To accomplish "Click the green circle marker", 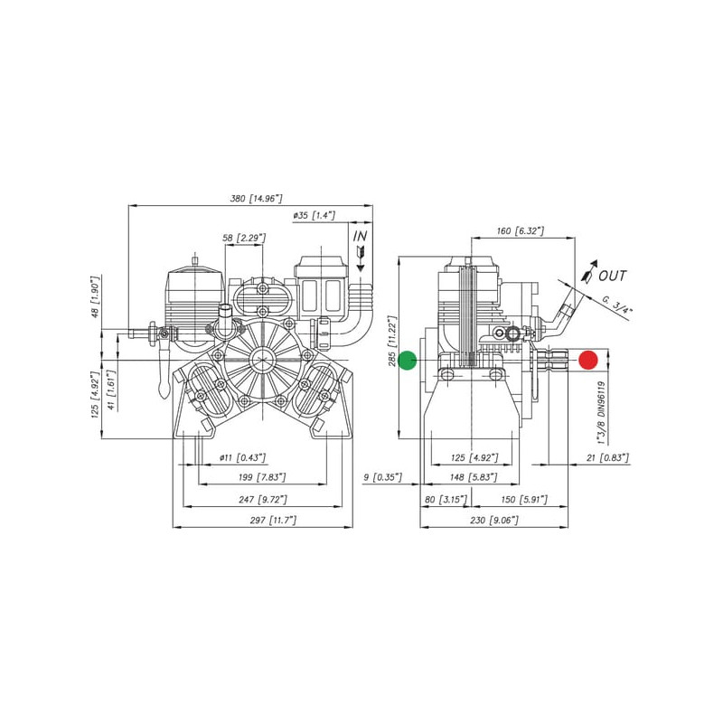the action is pos(408,360).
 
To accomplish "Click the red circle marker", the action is pos(588,360).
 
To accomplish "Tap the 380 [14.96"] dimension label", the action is pos(256,199).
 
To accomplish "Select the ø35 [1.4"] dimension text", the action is pos(314,215).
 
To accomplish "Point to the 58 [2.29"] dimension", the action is pos(244,238).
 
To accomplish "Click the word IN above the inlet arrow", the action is pos(360,236).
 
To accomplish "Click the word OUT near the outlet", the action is pos(613,276).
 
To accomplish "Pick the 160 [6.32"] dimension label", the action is pos(521,230).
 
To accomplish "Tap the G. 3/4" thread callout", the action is pos(617,305).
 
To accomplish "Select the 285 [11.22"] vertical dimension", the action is pos(392,341).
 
